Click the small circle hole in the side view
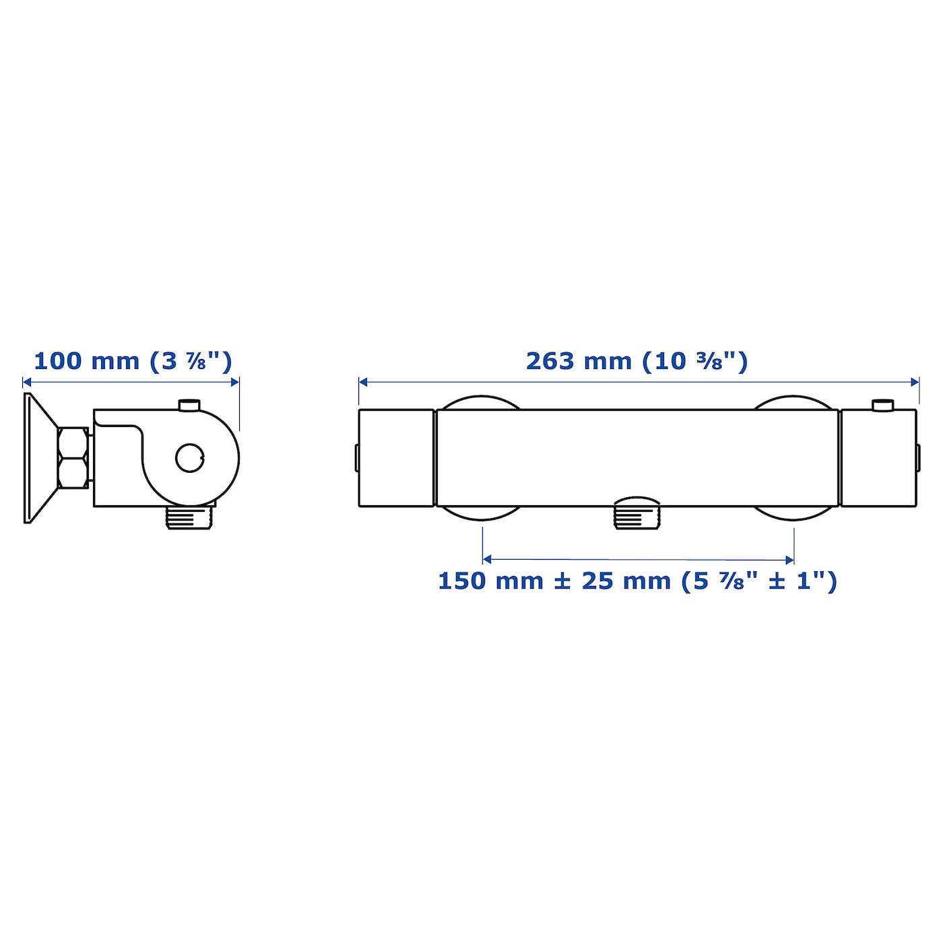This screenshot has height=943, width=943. tap(190, 458)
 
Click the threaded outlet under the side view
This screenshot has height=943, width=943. tap(191, 518)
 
